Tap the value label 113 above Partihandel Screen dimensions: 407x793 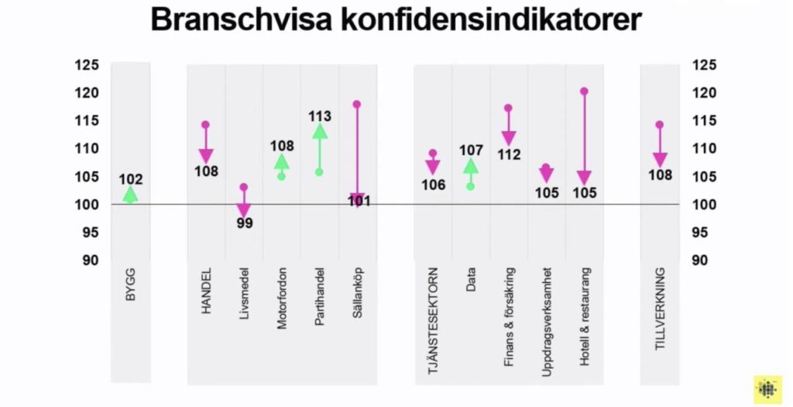320,116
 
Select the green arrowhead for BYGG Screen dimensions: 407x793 130,195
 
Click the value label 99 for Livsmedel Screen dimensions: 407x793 245,223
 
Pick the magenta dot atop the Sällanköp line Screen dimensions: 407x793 357,104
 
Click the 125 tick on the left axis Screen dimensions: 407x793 87,65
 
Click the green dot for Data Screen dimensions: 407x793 470,186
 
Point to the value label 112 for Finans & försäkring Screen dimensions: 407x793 509,154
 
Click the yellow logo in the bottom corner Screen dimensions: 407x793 767,389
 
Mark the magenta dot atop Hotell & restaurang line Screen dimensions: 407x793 584,91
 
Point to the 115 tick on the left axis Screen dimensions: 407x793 87,121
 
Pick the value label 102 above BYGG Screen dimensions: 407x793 130,180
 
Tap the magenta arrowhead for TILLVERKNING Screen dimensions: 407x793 660,160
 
